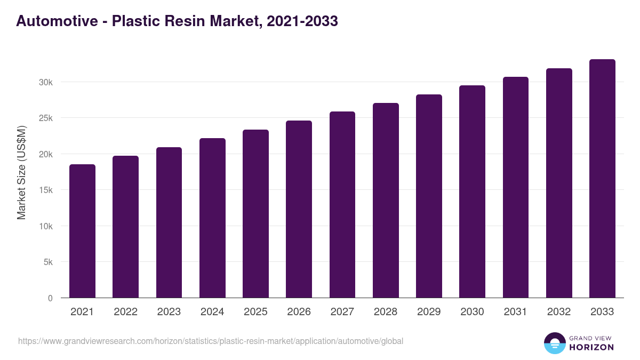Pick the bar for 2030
[x=472, y=191]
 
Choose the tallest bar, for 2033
[x=602, y=178]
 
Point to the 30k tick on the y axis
[x=46, y=82]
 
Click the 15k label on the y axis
[x=46, y=190]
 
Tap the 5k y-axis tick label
[x=48, y=262]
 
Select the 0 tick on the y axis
[x=50, y=298]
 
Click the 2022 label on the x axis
[x=125, y=312]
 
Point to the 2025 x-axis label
[x=255, y=312]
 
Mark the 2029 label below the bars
[x=429, y=312]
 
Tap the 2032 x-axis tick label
[x=559, y=312]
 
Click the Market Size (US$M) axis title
[x=21, y=172]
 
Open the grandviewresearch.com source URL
[x=211, y=341]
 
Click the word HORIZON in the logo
[x=590, y=347]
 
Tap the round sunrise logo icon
[x=555, y=343]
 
